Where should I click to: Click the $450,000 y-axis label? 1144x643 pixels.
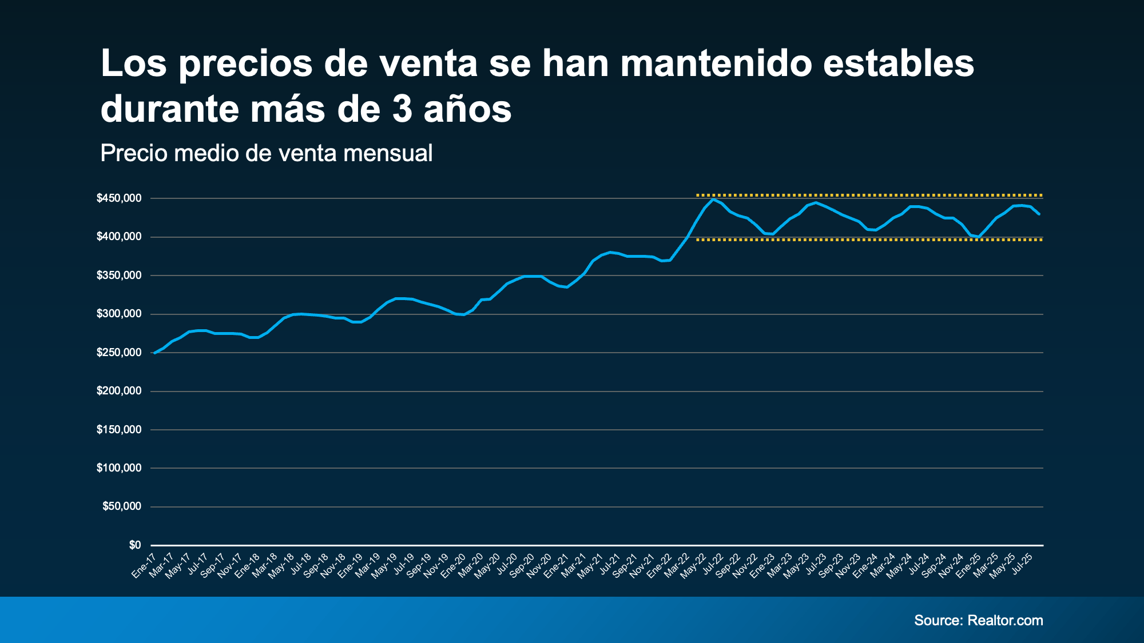click(119, 198)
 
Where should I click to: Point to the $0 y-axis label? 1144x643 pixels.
click(135, 545)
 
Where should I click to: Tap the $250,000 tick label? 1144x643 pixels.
click(119, 353)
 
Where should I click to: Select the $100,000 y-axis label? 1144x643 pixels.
click(119, 468)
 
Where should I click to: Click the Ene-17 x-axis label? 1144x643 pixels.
click(144, 565)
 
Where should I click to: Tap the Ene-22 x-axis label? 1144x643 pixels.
click(660, 565)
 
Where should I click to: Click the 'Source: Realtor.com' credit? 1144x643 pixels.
click(978, 621)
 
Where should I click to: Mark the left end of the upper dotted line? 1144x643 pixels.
click(697, 195)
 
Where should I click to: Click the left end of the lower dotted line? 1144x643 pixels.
click(697, 240)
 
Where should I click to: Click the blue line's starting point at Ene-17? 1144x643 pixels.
click(154, 353)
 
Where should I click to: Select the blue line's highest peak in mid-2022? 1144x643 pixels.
click(713, 199)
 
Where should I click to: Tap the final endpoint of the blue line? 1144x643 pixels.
click(1039, 214)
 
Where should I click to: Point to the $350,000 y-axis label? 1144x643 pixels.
click(119, 275)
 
